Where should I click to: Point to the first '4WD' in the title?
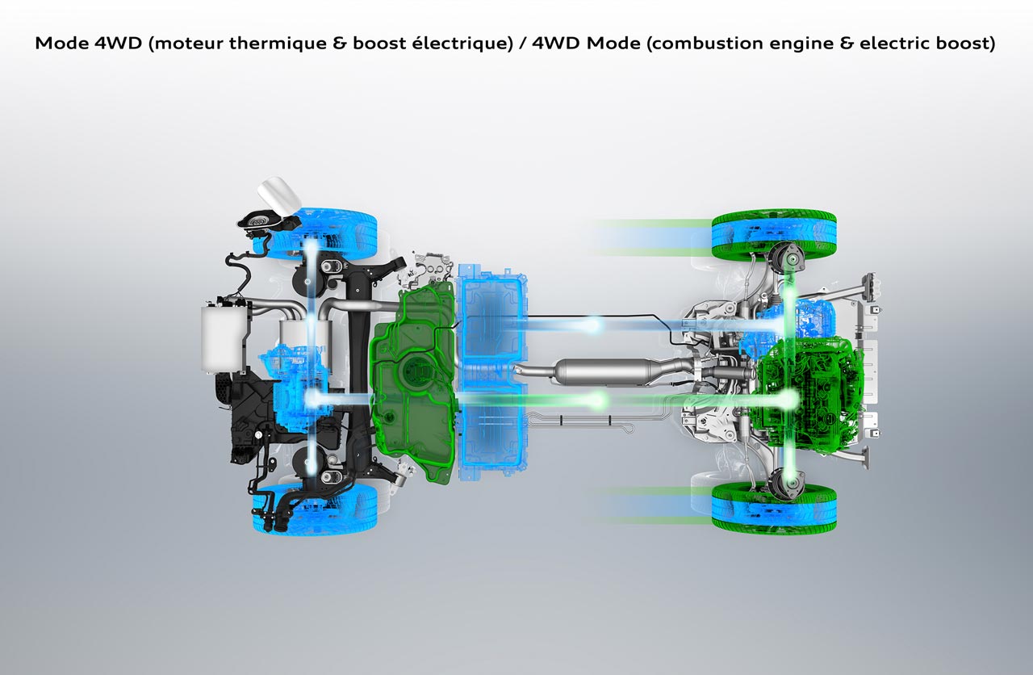(x=119, y=44)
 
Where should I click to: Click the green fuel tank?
(x=414, y=382)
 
